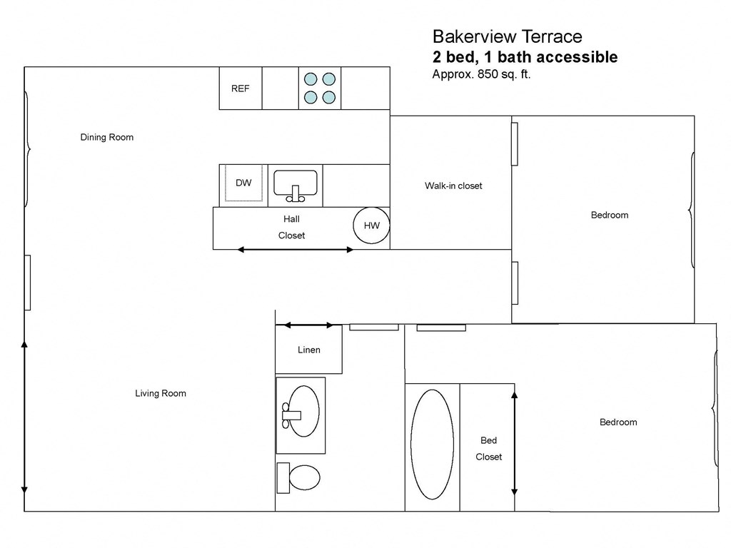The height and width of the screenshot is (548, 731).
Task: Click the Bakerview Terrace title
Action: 507,36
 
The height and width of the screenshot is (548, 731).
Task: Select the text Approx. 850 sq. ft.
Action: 481,73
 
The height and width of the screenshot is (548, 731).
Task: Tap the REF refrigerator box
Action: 241,88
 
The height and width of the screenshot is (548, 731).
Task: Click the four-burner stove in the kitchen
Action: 320,88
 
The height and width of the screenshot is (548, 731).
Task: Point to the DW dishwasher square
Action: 244,183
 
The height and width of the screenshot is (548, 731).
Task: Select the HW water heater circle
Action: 372,225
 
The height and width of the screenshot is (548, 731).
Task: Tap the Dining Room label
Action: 107,137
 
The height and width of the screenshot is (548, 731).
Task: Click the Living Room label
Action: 161,393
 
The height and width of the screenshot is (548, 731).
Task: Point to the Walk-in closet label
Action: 453,186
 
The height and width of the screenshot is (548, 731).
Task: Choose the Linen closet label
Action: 309,350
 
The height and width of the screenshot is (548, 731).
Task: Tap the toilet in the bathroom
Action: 300,477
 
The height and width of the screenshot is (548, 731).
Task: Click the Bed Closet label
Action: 489,449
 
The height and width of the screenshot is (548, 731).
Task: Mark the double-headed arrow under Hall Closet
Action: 295,250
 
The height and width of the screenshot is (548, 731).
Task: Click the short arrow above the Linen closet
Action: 308,325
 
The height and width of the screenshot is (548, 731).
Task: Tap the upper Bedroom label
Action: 610,215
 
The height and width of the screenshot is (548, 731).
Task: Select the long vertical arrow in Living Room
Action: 24,417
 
